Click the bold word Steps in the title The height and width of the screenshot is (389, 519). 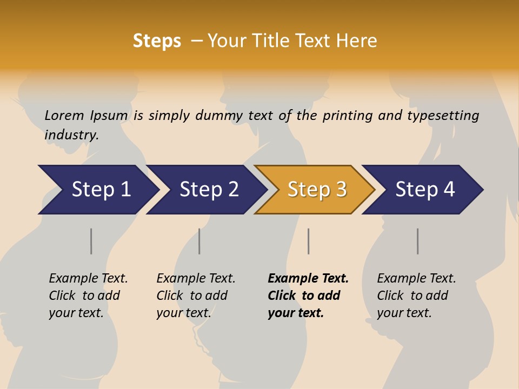pyautogui.click(x=157, y=41)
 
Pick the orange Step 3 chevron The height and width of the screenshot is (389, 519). pyautogui.click(x=315, y=190)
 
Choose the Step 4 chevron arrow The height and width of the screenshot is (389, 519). pyautogui.click(x=423, y=190)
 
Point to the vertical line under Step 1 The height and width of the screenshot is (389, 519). pyautogui.click(x=91, y=241)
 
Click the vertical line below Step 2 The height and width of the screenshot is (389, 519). pyautogui.click(x=199, y=241)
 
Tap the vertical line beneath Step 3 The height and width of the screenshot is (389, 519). pyautogui.click(x=309, y=241)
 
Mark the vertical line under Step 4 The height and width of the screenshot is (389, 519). pyautogui.click(x=418, y=241)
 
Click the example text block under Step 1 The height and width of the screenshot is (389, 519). pyautogui.click(x=88, y=296)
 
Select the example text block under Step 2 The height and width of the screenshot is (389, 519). pyautogui.click(x=195, y=296)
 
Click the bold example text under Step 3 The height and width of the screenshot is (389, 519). pyautogui.click(x=308, y=296)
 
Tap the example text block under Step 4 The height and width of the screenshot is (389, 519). pyautogui.click(x=416, y=296)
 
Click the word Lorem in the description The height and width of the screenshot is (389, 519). pyautogui.click(x=64, y=115)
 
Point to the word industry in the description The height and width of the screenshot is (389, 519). pyautogui.click(x=71, y=135)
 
